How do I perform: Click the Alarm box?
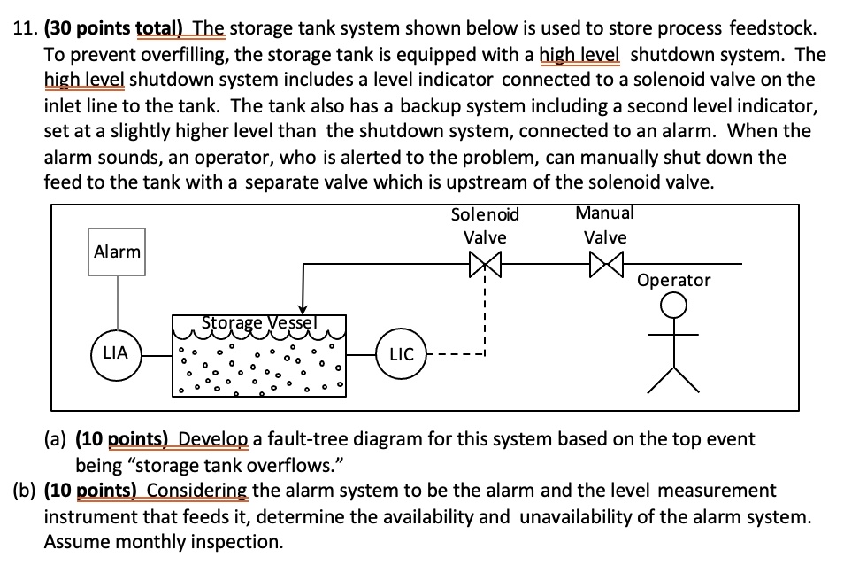(x=118, y=252)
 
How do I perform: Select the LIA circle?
(x=116, y=353)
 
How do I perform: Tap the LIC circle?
(x=401, y=354)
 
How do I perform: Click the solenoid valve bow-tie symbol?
(x=485, y=264)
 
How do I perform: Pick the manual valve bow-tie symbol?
(x=605, y=264)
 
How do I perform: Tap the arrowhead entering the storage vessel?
(x=303, y=308)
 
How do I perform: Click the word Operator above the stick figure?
(x=674, y=280)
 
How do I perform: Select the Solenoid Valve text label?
(x=485, y=226)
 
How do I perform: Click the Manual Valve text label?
(x=605, y=225)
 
